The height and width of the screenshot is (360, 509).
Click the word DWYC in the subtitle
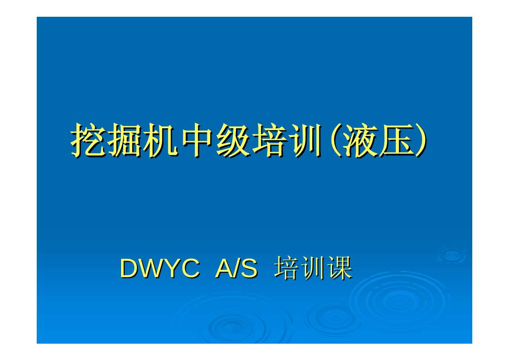(x=159, y=269)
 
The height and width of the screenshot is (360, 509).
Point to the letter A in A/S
(x=224, y=269)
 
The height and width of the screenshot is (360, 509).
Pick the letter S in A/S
(x=248, y=269)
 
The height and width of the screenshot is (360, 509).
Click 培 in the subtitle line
(x=287, y=269)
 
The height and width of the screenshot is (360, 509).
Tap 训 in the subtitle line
(x=313, y=269)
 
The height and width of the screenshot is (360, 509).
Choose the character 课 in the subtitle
(x=340, y=269)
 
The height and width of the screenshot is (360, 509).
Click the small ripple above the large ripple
(x=452, y=255)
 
